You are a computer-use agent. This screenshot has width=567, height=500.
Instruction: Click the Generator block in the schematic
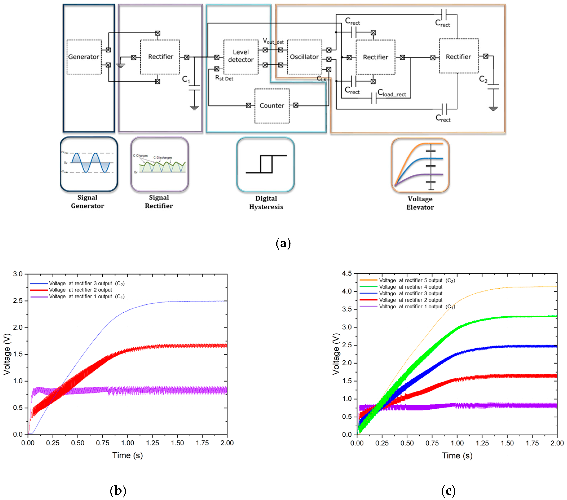coord(84,57)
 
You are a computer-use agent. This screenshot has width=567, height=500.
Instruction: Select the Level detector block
coord(241,57)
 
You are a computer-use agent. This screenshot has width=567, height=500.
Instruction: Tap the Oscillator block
coord(304,57)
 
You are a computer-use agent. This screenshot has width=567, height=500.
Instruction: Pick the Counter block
coord(272,106)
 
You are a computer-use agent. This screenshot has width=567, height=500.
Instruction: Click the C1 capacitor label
coord(186,80)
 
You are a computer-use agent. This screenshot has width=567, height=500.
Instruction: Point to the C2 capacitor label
coord(483,80)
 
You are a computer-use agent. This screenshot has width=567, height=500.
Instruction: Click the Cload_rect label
coord(392,93)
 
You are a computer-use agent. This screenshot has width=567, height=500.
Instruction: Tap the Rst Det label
coord(224,78)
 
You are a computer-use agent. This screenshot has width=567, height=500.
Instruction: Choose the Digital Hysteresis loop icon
coord(265,164)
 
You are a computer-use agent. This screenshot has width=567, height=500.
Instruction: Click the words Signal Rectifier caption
coord(159,202)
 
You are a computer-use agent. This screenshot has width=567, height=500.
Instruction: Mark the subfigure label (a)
coord(283,243)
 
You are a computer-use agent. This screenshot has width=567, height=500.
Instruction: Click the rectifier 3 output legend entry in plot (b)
coord(80,283)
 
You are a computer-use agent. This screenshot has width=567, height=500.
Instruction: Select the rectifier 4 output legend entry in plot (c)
coord(411,287)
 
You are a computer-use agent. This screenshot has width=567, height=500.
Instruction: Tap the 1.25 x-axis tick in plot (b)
coord(153,443)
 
